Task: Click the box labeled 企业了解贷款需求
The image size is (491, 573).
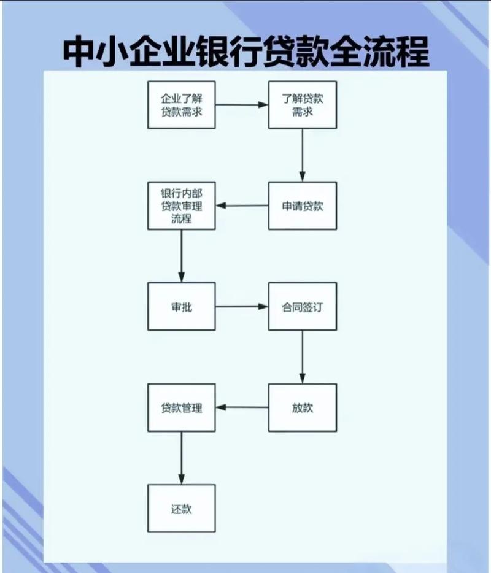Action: pyautogui.click(x=182, y=104)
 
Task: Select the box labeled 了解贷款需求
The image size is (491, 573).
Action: pyautogui.click(x=303, y=104)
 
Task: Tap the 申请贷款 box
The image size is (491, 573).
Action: pyautogui.click(x=303, y=206)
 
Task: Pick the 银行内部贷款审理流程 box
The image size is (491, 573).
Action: pyautogui.click(x=182, y=206)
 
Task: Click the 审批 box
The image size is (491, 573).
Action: pyautogui.click(x=182, y=306)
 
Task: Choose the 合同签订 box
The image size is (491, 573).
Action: pyautogui.click(x=303, y=306)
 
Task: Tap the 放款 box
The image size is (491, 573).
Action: pyautogui.click(x=303, y=407)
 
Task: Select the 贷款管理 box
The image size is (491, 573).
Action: pyautogui.click(x=182, y=407)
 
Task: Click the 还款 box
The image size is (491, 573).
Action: pyautogui.click(x=182, y=508)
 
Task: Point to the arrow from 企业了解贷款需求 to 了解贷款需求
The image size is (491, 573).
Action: pyautogui.click(x=242, y=104)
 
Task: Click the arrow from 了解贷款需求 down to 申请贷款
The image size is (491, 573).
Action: pyautogui.click(x=303, y=155)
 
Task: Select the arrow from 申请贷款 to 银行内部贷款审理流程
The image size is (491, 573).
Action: pyautogui.click(x=242, y=206)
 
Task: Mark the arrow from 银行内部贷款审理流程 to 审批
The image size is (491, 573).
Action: pyautogui.click(x=182, y=256)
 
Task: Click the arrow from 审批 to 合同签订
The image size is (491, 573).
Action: pyautogui.click(x=242, y=306)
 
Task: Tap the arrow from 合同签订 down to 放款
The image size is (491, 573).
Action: pyautogui.click(x=303, y=357)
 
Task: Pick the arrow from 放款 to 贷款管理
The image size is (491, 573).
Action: pyautogui.click(x=242, y=407)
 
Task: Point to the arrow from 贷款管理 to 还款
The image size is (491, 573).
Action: pyautogui.click(x=182, y=458)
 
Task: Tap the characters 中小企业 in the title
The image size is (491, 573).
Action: pyautogui.click(x=129, y=52)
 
